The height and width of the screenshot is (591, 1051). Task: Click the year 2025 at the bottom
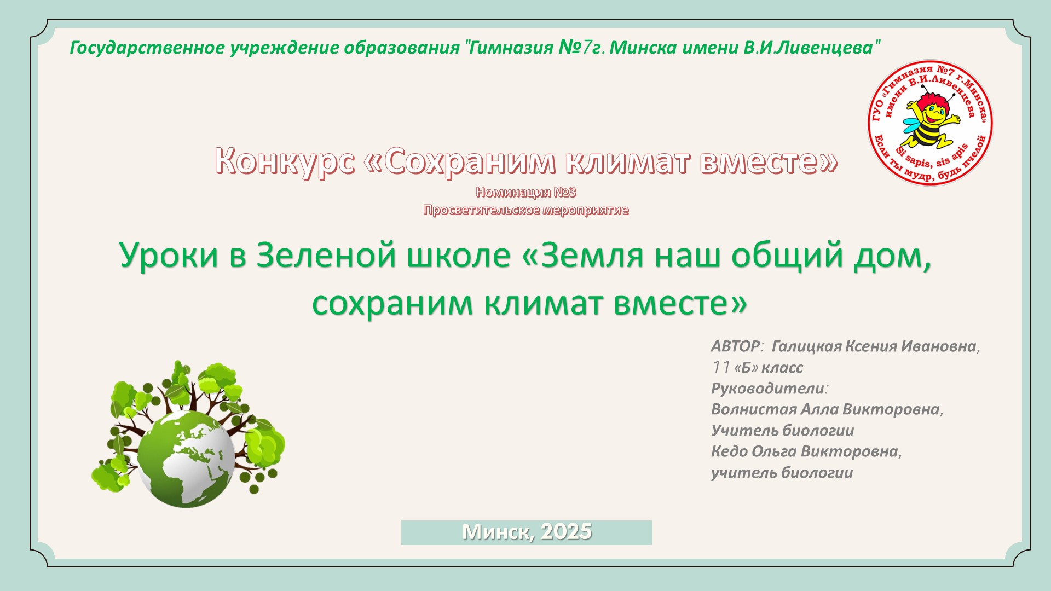[x=566, y=531]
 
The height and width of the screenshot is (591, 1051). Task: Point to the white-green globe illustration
[x=186, y=459]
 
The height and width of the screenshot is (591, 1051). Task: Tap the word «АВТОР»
[x=735, y=346]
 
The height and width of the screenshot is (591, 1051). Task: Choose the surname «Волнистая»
[x=754, y=409]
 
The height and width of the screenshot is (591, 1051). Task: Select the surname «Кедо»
[x=729, y=451]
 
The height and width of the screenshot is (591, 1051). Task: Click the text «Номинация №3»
[x=526, y=192]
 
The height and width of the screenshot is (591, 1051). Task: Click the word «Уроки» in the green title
[x=169, y=256]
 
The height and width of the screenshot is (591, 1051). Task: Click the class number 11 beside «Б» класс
[x=721, y=367]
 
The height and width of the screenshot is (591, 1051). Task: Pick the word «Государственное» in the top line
[x=147, y=48]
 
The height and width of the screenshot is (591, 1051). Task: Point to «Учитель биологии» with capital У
[x=782, y=431]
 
